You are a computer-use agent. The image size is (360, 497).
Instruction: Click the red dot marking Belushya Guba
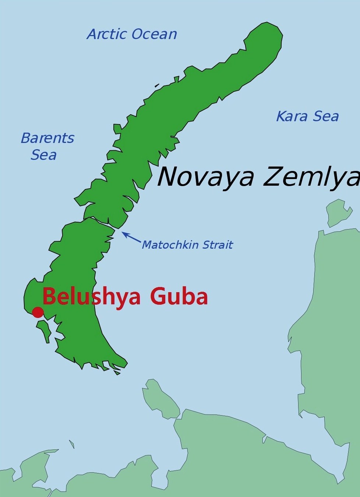38,312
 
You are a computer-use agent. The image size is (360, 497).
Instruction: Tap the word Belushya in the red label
91,296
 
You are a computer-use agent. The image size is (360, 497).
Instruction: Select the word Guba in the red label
179,297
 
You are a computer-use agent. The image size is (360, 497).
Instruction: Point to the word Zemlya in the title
311,177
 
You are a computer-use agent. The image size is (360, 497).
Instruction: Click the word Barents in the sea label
47,138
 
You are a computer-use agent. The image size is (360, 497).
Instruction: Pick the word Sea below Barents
43,155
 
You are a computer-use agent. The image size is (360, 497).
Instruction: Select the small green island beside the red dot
45,330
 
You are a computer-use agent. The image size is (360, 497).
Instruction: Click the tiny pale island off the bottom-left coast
71,444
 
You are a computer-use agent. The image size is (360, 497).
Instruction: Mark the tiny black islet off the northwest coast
158,85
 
